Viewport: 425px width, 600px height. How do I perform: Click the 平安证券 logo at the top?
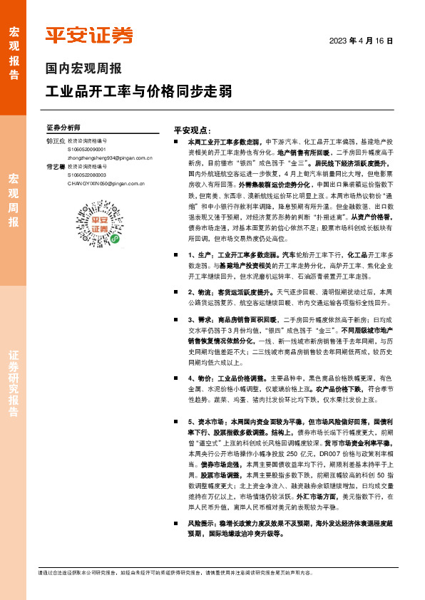(x=89, y=35)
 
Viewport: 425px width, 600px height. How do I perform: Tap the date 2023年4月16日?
(x=361, y=41)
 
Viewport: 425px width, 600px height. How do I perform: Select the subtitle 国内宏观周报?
(x=83, y=69)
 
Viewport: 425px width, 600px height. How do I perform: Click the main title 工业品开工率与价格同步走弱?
(x=138, y=92)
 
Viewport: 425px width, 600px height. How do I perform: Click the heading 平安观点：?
(x=192, y=131)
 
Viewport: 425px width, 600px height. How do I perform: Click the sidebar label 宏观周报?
(x=13, y=200)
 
